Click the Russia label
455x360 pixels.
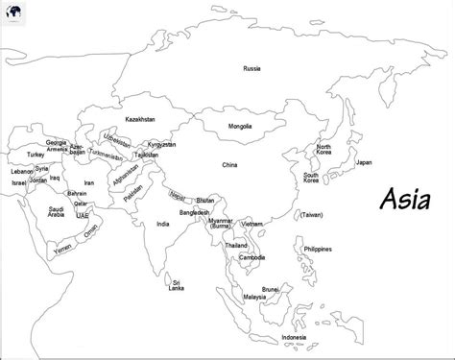(251, 69)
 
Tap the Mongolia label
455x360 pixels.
(240, 127)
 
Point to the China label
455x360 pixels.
(228, 165)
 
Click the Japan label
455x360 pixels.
(364, 162)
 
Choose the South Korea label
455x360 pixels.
(312, 179)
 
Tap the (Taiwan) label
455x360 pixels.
(311, 214)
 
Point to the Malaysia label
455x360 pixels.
(254, 297)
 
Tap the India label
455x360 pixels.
(163, 224)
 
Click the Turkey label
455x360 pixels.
(36, 154)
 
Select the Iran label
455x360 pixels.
(89, 182)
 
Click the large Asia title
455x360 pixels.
(407, 202)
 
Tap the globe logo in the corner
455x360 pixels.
(12, 11)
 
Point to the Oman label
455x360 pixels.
(91, 230)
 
